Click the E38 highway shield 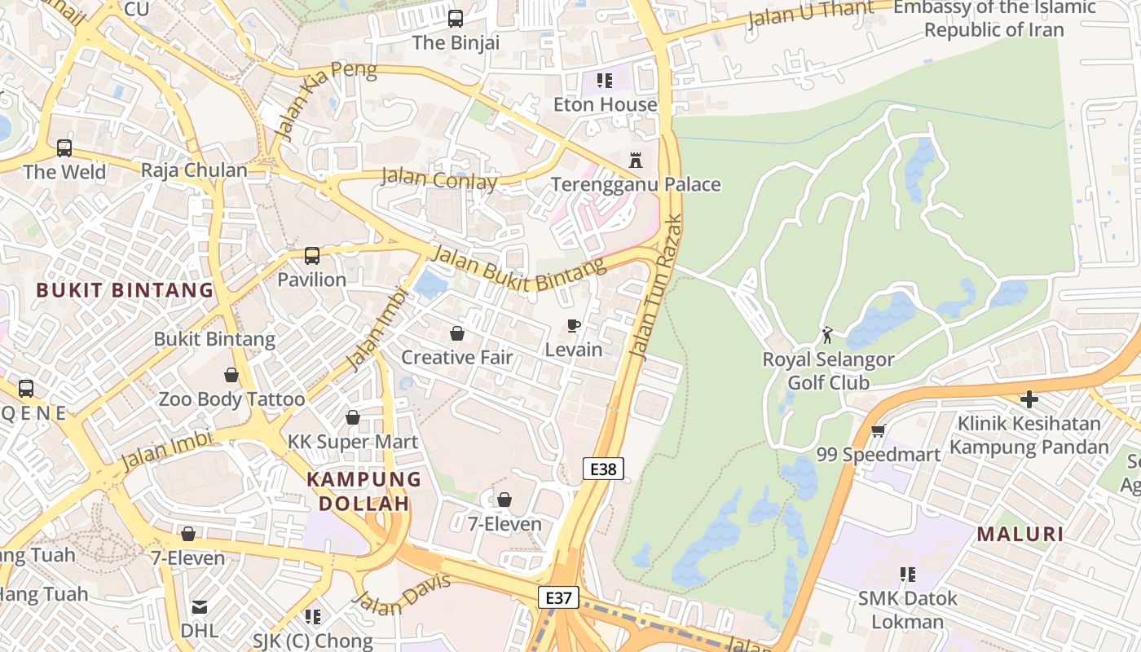pyautogui.click(x=604, y=469)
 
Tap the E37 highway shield pyautogui.click(x=558, y=597)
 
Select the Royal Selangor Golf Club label pyautogui.click(x=828, y=371)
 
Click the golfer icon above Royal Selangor pyautogui.click(x=828, y=334)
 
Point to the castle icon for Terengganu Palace pyautogui.click(x=636, y=160)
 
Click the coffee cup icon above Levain pyautogui.click(x=574, y=326)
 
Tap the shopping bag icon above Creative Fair pyautogui.click(x=457, y=333)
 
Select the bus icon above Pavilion pyautogui.click(x=312, y=256)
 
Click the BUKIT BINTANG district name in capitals pyautogui.click(x=125, y=290)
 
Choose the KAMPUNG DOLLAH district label pyautogui.click(x=363, y=491)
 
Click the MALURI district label pyautogui.click(x=1020, y=535)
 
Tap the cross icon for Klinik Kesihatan pyautogui.click(x=1029, y=399)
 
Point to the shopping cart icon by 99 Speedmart pyautogui.click(x=878, y=430)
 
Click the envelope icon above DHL pyautogui.click(x=200, y=607)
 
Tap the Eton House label pyautogui.click(x=605, y=104)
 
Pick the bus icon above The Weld pyautogui.click(x=64, y=148)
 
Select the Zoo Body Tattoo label pyautogui.click(x=231, y=399)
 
